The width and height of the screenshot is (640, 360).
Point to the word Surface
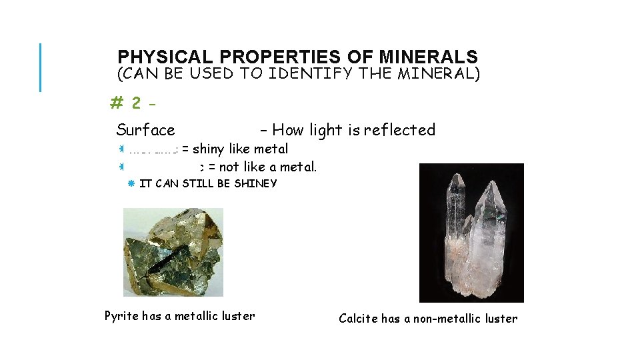pyautogui.click(x=145, y=130)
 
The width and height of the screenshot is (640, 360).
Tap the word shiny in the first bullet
pyautogui.click(x=208, y=149)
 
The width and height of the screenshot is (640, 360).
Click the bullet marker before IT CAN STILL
pyautogui.click(x=131, y=183)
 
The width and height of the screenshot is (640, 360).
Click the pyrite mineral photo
pyautogui.click(x=173, y=252)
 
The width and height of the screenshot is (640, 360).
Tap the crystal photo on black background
pyautogui.click(x=471, y=233)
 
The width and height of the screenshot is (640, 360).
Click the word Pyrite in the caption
pyautogui.click(x=121, y=316)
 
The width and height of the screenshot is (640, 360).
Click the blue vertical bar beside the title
pyautogui.click(x=40, y=67)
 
